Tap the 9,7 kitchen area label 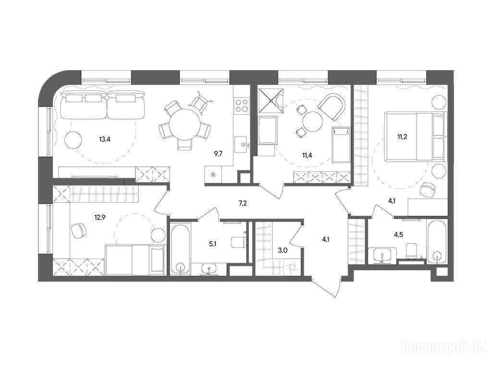(219, 154)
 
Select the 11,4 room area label (307, 155)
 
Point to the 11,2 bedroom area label (402, 137)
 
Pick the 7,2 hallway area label (243, 203)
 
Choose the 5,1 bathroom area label (213, 243)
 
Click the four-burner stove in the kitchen (242, 105)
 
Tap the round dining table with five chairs (184, 124)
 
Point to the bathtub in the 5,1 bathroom (181, 248)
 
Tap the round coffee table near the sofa (74, 140)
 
